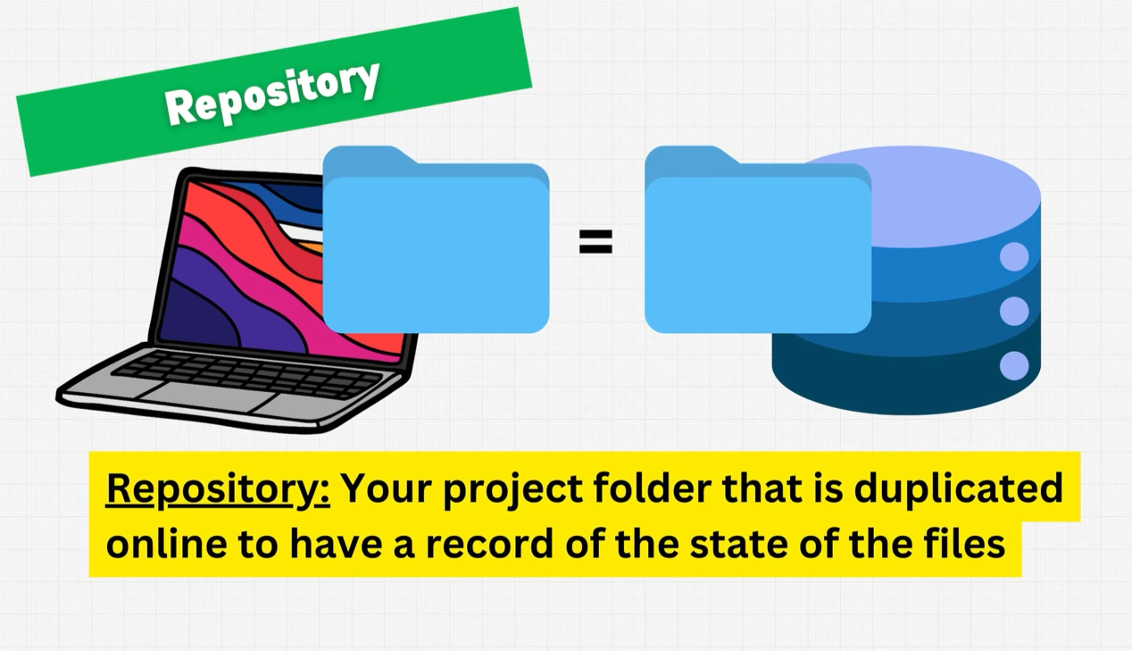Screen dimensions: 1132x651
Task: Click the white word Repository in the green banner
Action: [272, 93]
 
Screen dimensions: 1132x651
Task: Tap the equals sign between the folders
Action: [595, 242]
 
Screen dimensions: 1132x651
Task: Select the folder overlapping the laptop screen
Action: [436, 239]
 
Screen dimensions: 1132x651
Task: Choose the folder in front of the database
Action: [758, 239]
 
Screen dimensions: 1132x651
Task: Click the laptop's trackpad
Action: [207, 397]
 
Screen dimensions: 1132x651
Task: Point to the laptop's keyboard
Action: [246, 373]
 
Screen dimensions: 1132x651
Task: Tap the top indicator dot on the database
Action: [1014, 257]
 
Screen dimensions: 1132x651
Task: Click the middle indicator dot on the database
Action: [1014, 311]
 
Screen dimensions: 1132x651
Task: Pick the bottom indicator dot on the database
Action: [1014, 365]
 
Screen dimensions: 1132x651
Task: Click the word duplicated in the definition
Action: [958, 489]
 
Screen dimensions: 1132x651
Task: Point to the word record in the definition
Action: [489, 545]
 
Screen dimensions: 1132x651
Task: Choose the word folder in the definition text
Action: [652, 488]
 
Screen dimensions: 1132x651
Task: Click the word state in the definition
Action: [735, 545]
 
